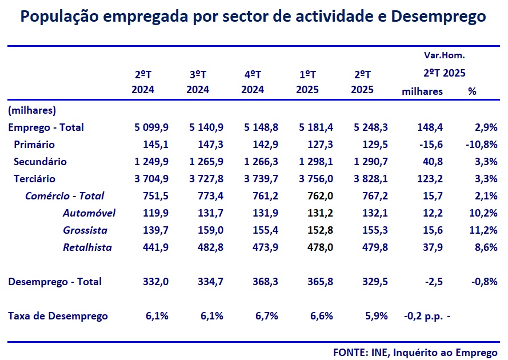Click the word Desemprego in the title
pyautogui.click(x=438, y=18)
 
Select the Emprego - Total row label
pyautogui.click(x=46, y=127)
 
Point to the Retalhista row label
pyautogui.click(x=87, y=247)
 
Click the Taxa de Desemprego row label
pyautogui.click(x=58, y=316)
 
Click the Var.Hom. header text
pyautogui.click(x=444, y=55)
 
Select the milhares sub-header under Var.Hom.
pyautogui.click(x=422, y=91)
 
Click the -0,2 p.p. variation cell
pyautogui.click(x=422, y=316)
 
